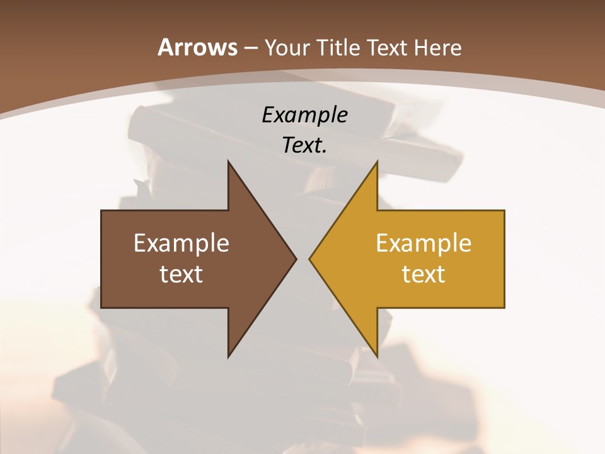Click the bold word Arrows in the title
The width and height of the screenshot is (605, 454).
pos(197,47)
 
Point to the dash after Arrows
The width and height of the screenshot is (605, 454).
pos(250,48)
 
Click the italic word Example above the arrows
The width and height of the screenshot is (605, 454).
pos(304,115)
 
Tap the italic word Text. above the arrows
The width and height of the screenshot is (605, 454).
pos(304,145)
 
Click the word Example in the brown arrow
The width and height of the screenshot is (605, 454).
pos(181,243)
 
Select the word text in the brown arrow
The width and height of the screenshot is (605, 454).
pos(181,274)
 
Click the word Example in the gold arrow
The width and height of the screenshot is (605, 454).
pos(423,243)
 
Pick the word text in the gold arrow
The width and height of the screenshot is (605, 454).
pos(423,274)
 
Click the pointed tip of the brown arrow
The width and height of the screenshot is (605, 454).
pos(296,259)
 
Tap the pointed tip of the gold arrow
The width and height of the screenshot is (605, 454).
pos(309,259)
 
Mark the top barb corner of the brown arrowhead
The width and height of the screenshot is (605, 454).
pos(228,161)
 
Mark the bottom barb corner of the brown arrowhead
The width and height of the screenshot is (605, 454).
pos(228,357)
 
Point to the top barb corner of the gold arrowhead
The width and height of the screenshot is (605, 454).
pos(377,161)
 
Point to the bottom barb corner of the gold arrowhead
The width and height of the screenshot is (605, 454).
pos(377,357)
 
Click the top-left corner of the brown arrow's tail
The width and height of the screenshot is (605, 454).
pos(101,211)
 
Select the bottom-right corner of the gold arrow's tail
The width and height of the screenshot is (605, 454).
pos(504,308)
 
